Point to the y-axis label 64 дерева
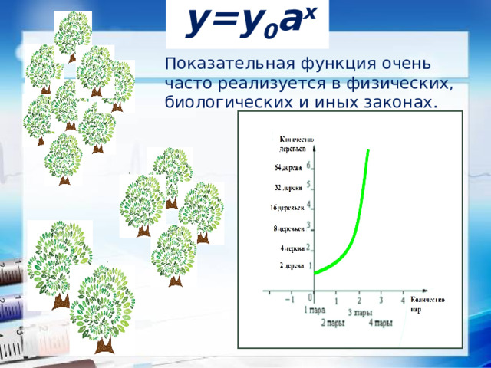[x=287, y=167]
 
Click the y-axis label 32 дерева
[x=287, y=187]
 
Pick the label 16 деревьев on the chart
[x=287, y=208]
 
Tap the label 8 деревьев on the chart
[x=288, y=228]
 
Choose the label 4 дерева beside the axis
[x=292, y=248]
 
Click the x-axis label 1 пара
[x=315, y=310]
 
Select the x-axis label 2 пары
[x=332, y=323]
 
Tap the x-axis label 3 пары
[x=361, y=313]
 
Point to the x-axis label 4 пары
[x=381, y=323]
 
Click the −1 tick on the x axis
[x=288, y=300]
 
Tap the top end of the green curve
[x=368, y=151]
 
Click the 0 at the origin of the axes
[x=310, y=297]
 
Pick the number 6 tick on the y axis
[x=308, y=165]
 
